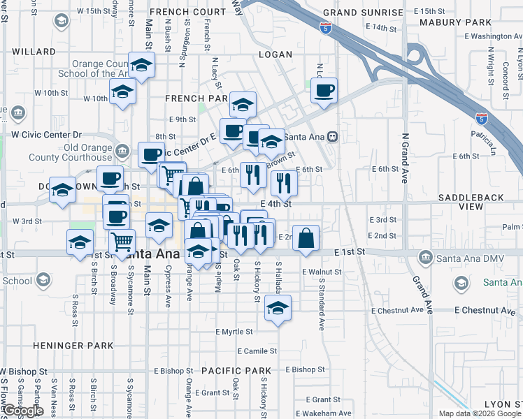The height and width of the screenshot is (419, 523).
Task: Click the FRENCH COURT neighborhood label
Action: [x=187, y=13]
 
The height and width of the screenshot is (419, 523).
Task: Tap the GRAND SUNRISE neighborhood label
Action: [x=363, y=13]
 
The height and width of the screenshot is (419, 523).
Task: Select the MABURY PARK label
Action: [x=448, y=22]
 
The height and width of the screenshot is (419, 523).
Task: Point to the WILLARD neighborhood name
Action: [x=34, y=52]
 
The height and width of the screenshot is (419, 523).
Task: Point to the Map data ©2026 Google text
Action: [x=480, y=413]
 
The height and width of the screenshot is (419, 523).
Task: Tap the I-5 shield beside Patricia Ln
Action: [x=482, y=119]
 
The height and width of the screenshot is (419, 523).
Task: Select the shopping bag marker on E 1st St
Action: [x=306, y=238]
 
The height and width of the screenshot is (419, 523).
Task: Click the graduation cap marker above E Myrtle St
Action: [x=278, y=307]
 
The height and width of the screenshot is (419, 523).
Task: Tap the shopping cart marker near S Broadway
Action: [x=122, y=242]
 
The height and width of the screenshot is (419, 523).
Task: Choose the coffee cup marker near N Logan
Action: [x=324, y=91]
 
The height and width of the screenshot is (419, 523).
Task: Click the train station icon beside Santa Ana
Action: [x=334, y=136]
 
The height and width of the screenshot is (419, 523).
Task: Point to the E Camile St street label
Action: [x=257, y=351]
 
